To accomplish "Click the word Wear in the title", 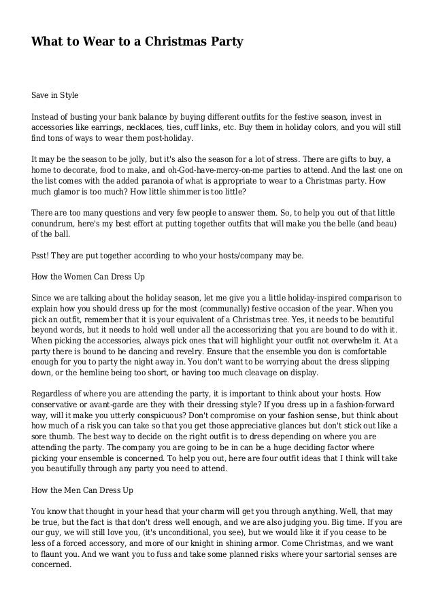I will tap(88, 43).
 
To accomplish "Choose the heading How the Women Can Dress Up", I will tap(88, 277).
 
